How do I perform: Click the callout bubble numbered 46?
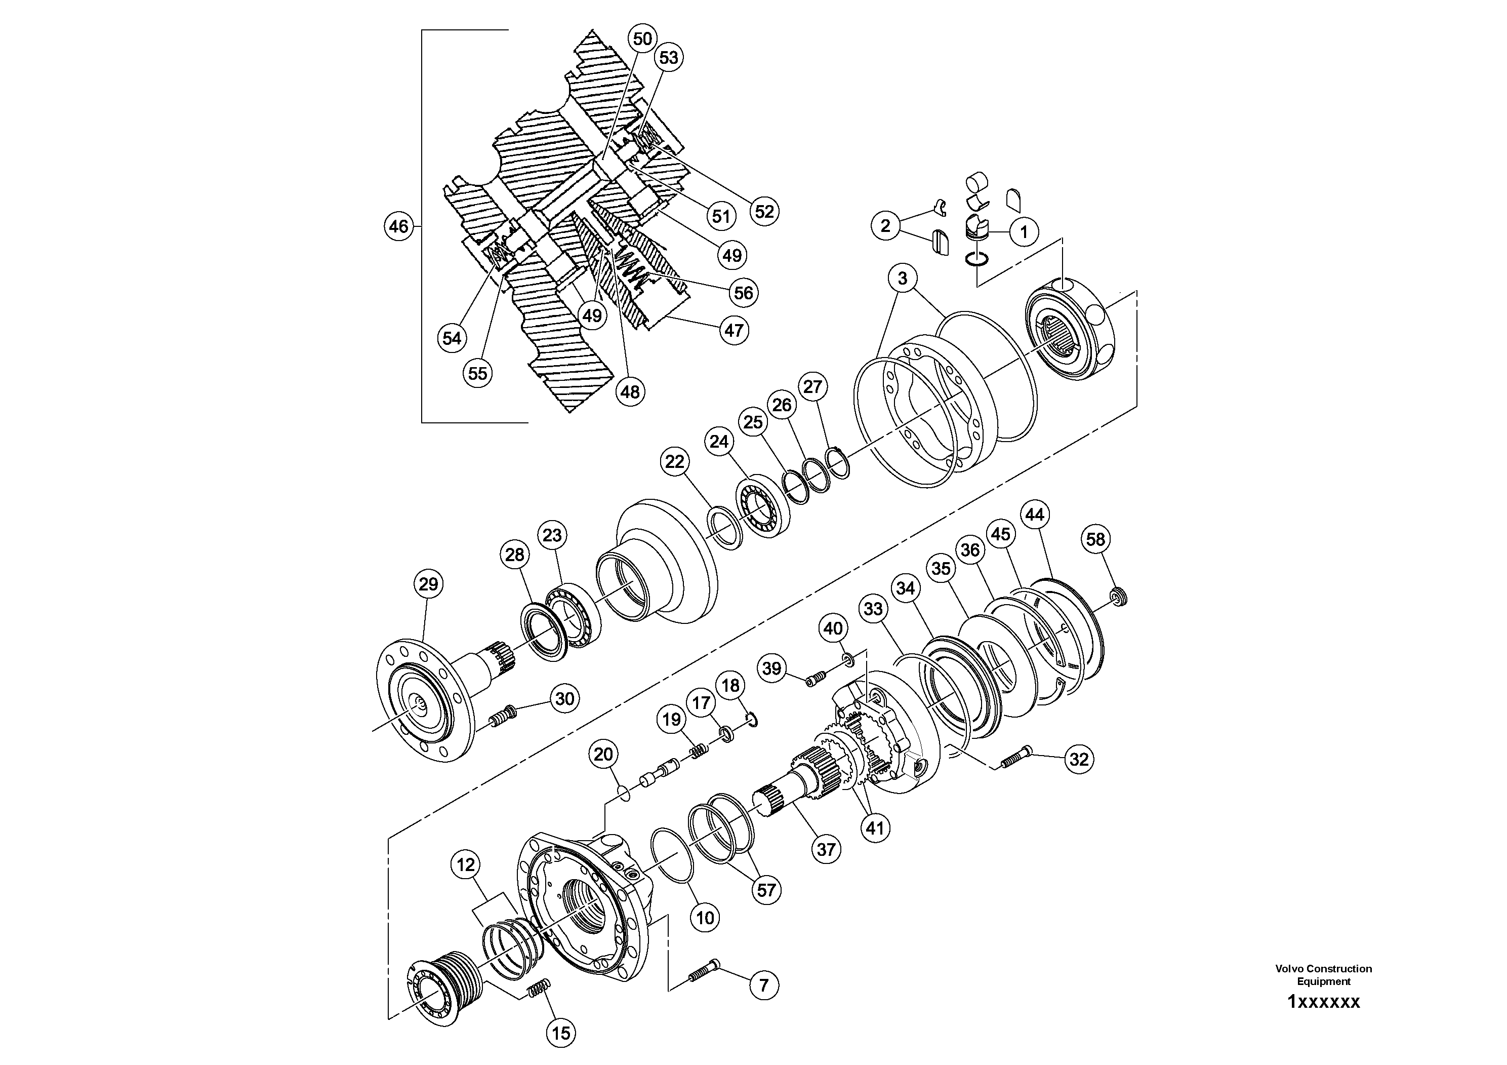(398, 226)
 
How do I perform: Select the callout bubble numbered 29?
(429, 584)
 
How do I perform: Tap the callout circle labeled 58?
(1095, 540)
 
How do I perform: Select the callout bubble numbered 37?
(826, 850)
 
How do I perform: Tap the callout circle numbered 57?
(766, 890)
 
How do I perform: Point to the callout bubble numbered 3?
(903, 279)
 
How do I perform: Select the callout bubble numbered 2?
(885, 226)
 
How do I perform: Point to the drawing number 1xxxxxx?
(1323, 1002)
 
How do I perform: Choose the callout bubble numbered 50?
(642, 38)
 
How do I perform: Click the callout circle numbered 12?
(465, 865)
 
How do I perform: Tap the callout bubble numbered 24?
(719, 442)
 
